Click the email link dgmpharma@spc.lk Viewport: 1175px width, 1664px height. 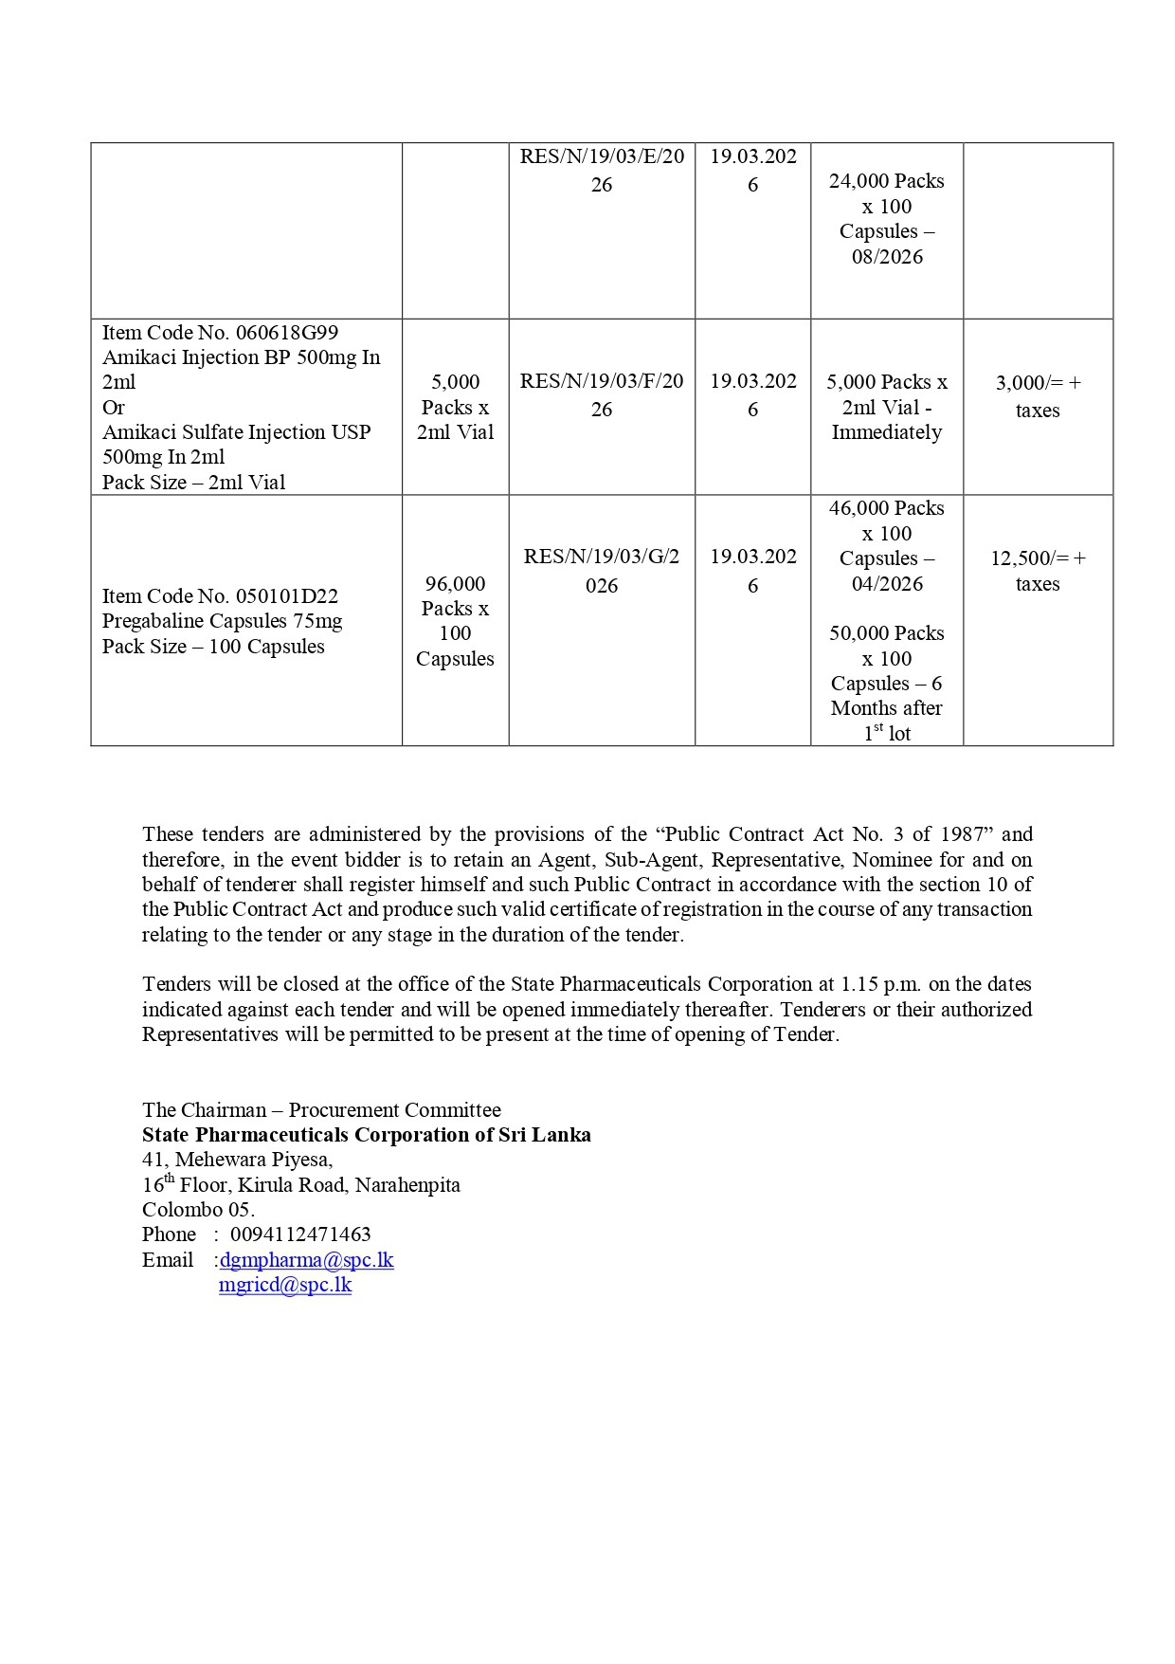pyautogui.click(x=306, y=1260)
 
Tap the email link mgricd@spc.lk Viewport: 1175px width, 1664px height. pyautogui.click(x=285, y=1285)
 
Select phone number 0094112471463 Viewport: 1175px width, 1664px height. pyautogui.click(x=300, y=1234)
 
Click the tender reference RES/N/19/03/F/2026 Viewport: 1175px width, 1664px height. pyautogui.click(x=602, y=395)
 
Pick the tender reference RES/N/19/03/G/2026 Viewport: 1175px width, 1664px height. pyautogui.click(x=602, y=571)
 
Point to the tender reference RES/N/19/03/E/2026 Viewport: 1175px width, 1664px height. pyautogui.click(x=602, y=170)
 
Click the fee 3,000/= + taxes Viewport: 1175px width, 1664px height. pyautogui.click(x=1038, y=396)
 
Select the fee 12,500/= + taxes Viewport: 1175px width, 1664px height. pyautogui.click(x=1038, y=571)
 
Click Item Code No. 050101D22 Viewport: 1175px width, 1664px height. pyautogui.click(x=220, y=596)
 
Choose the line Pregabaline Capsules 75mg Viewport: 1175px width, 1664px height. pyautogui.click(x=223, y=621)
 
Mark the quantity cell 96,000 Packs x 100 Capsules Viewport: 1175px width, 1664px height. pyautogui.click(x=455, y=621)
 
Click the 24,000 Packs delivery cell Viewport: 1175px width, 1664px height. pyautogui.click(x=887, y=219)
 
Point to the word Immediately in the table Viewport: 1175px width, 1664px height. pyautogui.click(x=887, y=432)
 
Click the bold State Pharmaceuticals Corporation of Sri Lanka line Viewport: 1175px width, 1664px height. pyautogui.click(x=367, y=1135)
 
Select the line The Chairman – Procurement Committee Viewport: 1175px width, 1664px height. pyautogui.click(x=321, y=1110)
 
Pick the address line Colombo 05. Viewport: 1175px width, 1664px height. pyautogui.click(x=198, y=1210)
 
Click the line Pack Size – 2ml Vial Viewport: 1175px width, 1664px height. pyautogui.click(x=193, y=483)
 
